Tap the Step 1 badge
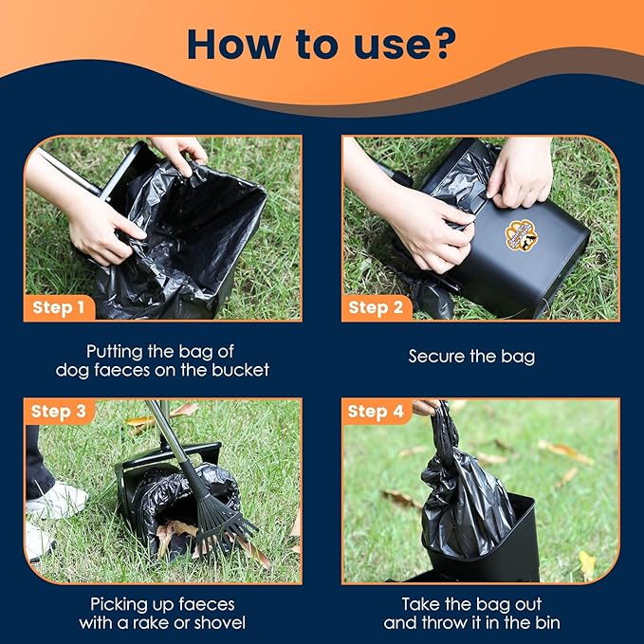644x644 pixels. (x=58, y=307)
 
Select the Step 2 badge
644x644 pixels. (x=376, y=307)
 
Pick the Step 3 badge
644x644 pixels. (x=58, y=412)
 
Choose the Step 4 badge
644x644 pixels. (x=376, y=412)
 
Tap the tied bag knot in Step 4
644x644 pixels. (x=440, y=418)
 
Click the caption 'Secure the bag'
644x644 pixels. (x=471, y=357)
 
